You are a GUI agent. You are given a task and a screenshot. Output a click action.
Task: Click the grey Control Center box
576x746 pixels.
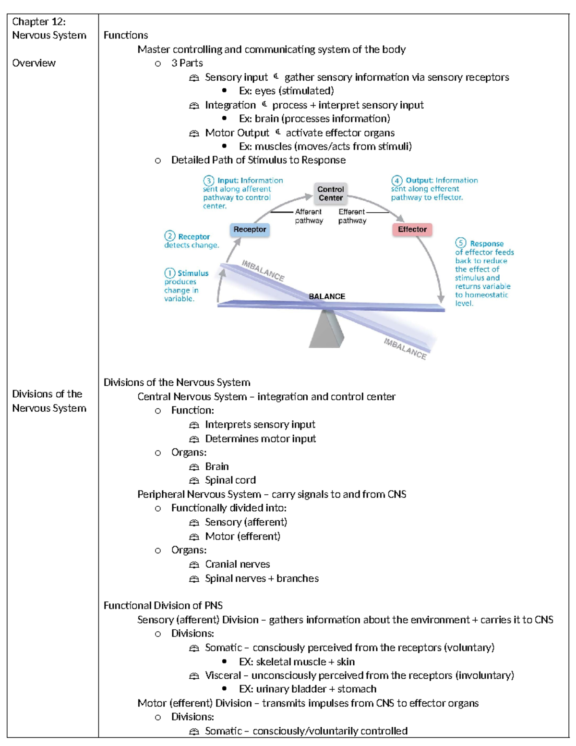point(330,193)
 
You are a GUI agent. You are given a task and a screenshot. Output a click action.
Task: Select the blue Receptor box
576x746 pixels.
point(250,230)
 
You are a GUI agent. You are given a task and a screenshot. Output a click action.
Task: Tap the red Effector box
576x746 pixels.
point(412,230)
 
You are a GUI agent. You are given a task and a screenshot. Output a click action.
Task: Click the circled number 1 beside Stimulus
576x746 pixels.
point(169,273)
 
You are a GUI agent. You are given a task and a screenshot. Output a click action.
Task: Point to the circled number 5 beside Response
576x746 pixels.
point(461,243)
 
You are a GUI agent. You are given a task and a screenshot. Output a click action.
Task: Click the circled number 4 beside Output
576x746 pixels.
point(396,181)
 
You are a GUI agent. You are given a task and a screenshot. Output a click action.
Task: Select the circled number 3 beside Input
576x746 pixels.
point(208,181)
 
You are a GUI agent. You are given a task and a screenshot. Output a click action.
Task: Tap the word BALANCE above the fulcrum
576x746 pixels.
point(327,296)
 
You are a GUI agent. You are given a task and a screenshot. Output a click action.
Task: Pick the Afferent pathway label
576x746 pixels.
point(309,216)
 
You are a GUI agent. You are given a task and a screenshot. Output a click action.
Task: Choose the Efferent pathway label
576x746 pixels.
point(352,216)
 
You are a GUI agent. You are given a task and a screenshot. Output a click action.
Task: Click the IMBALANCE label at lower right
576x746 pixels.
point(405,349)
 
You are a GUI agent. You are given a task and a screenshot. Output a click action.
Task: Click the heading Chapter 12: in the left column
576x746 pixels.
point(39,22)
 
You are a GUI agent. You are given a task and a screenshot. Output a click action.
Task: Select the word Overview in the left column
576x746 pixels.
point(34,63)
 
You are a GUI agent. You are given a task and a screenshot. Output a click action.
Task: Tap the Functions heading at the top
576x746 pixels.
point(126,35)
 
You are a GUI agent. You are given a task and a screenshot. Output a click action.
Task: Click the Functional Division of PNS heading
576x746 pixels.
point(163,605)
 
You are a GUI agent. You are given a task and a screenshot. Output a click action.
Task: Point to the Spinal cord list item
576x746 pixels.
point(230,480)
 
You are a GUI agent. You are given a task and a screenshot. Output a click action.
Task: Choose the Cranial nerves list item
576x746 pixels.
point(237,564)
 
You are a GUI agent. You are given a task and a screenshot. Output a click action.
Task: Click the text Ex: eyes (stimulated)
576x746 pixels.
point(286,91)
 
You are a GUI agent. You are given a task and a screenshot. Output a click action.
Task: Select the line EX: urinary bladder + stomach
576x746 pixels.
point(307,689)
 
